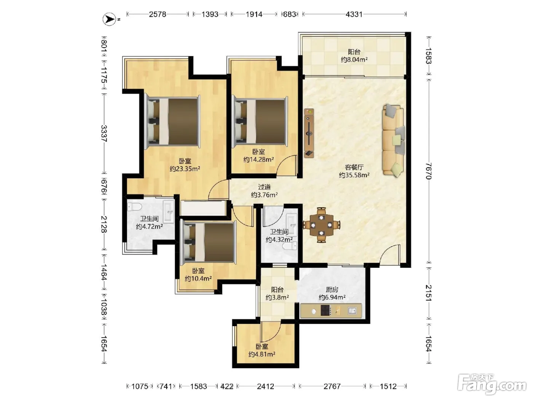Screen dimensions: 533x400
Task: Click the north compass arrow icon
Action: coord(109,19)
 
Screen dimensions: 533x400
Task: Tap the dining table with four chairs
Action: coord(321,225)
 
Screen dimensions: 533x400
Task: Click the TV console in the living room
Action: coord(309,133)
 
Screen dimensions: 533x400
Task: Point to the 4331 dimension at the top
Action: coord(354,14)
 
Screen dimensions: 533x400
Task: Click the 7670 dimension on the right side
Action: coord(429,171)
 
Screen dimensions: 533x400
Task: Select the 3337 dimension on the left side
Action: coord(104,133)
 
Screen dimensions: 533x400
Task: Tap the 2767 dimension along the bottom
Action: coord(332,386)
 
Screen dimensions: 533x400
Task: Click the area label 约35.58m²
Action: coord(354,175)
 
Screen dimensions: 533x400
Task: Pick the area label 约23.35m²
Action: coord(185,168)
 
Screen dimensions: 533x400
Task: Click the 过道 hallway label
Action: coord(264,187)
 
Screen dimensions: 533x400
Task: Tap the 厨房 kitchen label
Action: coord(332,290)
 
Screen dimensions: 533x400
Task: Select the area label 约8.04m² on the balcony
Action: coord(354,59)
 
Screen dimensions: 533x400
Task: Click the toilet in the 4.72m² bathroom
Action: coord(134,207)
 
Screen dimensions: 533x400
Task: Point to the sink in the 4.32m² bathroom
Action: coord(292,225)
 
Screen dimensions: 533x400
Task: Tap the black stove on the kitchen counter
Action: coord(326,310)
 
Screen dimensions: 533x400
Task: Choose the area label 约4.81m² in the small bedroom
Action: coord(262,354)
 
